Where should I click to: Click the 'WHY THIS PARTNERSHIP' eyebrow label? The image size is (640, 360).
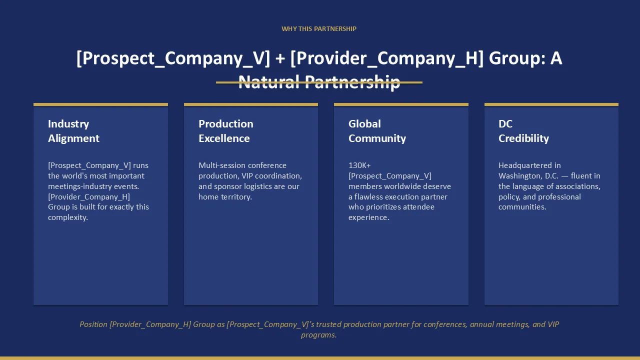point(319,29)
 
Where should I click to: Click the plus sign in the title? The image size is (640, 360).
point(280,58)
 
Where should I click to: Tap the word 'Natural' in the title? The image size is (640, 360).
point(269,81)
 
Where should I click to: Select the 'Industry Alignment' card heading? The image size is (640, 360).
point(73,131)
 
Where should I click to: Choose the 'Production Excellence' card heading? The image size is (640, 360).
point(225,131)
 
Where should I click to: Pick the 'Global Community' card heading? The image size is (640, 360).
point(377,131)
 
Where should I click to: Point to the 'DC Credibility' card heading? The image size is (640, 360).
point(523,131)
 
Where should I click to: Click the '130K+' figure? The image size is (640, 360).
point(359,165)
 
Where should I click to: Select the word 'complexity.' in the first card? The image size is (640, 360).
point(68,217)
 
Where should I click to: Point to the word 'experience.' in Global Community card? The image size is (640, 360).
point(369,217)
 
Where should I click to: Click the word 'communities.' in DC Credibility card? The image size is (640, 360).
point(522,207)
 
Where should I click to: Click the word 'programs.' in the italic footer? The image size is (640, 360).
point(319,335)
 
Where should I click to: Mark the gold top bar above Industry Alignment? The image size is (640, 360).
point(100,104)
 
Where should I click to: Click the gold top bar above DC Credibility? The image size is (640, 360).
point(551,104)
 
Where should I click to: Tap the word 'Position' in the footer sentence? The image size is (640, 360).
point(93,324)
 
